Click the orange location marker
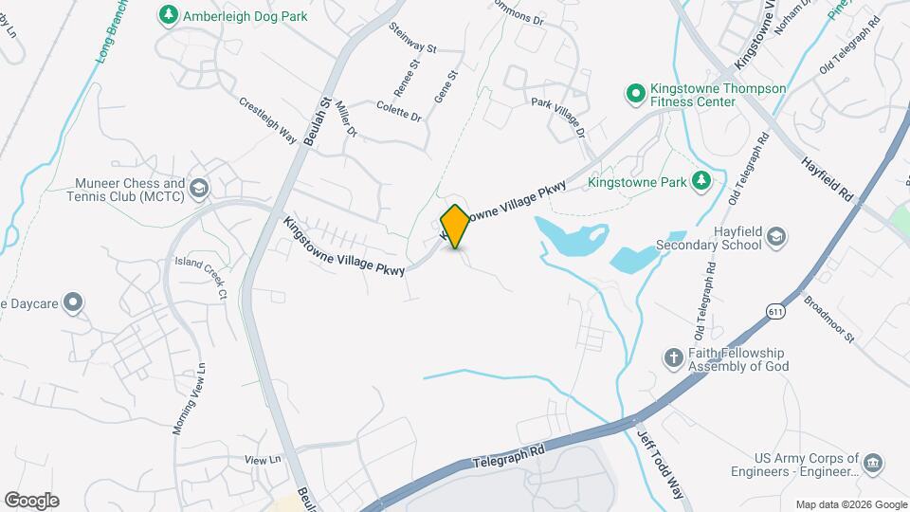point(456,227)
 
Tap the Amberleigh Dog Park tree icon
point(168,14)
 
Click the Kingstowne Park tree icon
point(701,180)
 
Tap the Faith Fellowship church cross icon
point(673,357)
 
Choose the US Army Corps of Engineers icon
point(874,464)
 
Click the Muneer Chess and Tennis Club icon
point(198,188)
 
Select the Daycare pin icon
point(73,303)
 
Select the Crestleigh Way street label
point(268,120)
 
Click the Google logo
point(31,501)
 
